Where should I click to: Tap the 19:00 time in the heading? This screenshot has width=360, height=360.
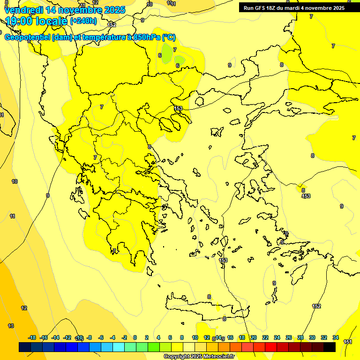(18, 21)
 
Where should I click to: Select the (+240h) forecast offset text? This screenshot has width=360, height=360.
(83, 21)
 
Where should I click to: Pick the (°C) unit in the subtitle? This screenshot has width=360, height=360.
(169, 37)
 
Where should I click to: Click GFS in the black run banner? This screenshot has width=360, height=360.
(262, 8)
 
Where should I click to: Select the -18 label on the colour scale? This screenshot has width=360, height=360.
(32, 337)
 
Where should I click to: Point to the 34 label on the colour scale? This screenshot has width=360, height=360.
(336, 337)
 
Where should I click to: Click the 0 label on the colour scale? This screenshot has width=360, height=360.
(135, 337)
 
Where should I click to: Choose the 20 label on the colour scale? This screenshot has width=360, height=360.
(254, 337)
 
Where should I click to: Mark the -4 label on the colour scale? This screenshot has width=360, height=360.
(112, 337)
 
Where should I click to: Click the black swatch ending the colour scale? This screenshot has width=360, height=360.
(330, 347)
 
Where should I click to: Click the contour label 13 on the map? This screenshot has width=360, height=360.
(11, 326)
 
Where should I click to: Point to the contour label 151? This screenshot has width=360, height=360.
(348, 342)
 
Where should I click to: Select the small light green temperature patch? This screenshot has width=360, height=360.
(180, 60)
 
